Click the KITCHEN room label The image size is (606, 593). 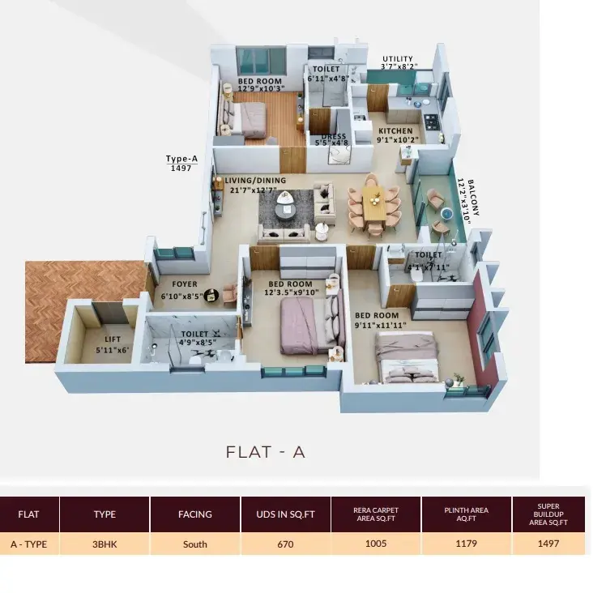pos(395,130)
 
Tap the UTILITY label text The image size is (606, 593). pos(398,59)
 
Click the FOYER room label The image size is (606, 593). pos(185,284)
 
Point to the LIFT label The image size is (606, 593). pos(113,339)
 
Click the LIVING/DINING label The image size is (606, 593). pos(255,180)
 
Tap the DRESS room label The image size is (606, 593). pos(333,136)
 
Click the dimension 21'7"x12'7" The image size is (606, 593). pos(253,190)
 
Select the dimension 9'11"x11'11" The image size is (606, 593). pos(381,325)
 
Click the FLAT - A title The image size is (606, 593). pos(266,452)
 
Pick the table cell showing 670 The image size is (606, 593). pos(286,544)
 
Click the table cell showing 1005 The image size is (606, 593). pos(376,544)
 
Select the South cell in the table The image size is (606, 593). pos(195,544)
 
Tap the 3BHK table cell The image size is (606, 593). pos(105,544)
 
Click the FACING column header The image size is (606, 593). pos(195,514)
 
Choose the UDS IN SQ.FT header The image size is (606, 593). pos(286,514)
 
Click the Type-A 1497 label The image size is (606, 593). pos(181,163)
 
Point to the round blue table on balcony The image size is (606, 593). pos(446,213)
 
